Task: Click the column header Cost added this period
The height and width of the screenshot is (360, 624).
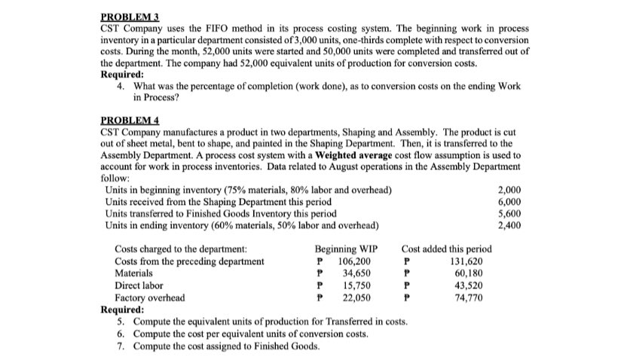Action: (447, 249)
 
